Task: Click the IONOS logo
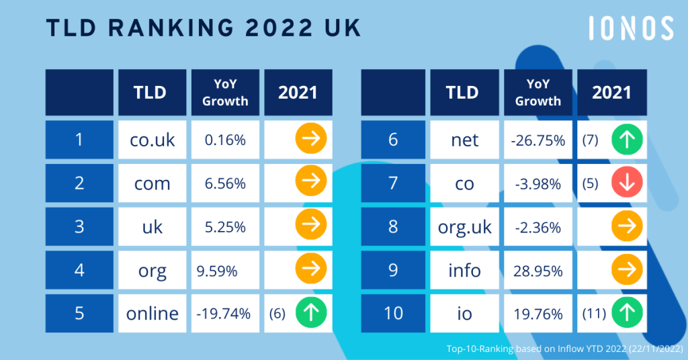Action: [630, 29]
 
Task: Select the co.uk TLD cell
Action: [152, 140]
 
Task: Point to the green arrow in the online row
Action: [310, 313]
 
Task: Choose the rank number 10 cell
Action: [394, 313]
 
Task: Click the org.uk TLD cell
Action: [465, 226]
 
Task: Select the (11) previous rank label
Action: [593, 313]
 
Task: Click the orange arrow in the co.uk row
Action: [310, 140]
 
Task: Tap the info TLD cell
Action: [465, 270]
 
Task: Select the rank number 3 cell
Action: [79, 226]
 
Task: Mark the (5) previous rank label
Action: [591, 183]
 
